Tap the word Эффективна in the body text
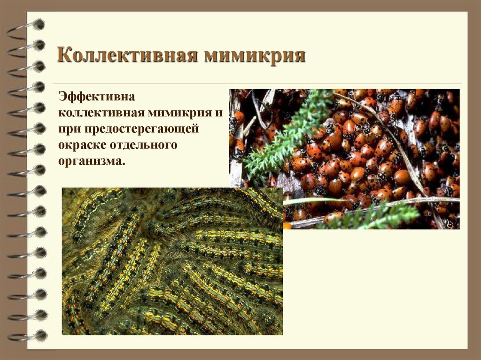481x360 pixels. click(97, 97)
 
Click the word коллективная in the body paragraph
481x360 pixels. click(101, 113)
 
